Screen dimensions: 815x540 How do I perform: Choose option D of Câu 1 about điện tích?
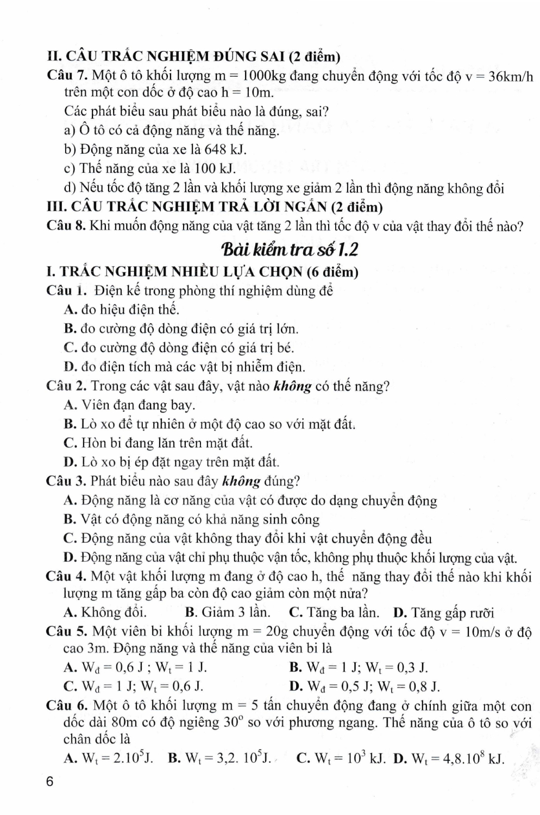coord(184,367)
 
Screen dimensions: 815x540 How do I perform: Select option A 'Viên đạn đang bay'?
coord(129,405)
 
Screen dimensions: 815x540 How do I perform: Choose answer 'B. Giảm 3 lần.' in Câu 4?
coord(228,612)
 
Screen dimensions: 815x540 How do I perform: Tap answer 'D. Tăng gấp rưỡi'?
coord(443,613)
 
